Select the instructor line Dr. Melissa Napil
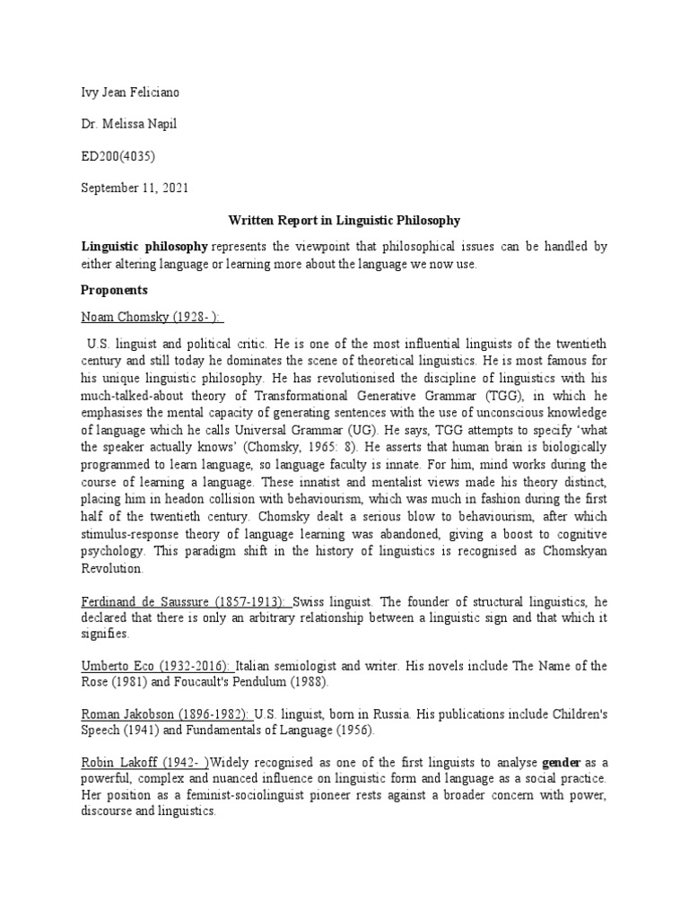[129, 124]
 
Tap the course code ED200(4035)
[118, 156]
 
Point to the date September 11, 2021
[135, 188]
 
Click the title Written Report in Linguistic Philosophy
[344, 221]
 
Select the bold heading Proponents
[115, 291]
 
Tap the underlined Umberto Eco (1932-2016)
[158, 666]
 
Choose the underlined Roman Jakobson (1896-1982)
[165, 715]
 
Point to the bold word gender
[563, 763]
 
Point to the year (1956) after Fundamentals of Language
[352, 730]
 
